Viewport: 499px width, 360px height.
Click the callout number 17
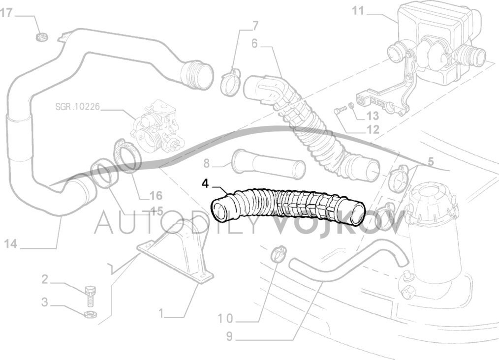(x=6, y=13)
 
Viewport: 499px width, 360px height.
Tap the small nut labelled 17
(x=41, y=36)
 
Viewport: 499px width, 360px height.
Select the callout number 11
(x=358, y=11)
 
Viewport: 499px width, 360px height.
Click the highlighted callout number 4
(x=205, y=183)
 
